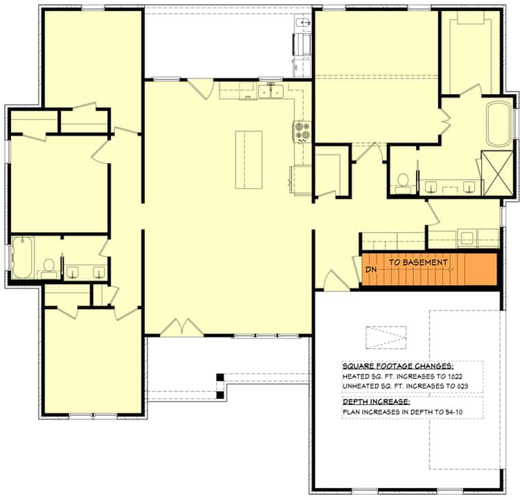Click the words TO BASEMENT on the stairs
(x=418, y=262)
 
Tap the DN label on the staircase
(x=371, y=269)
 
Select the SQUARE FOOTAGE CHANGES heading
(x=398, y=366)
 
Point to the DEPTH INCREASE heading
(x=376, y=402)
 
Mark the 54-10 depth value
(x=454, y=412)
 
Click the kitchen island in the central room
(x=249, y=160)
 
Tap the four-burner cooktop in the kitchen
(x=302, y=130)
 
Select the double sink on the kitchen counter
(x=271, y=92)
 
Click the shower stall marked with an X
(x=497, y=173)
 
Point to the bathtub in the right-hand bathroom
(x=499, y=124)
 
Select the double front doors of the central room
(x=182, y=327)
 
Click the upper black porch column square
(x=220, y=377)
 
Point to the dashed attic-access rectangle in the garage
(x=386, y=338)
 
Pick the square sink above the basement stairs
(x=467, y=238)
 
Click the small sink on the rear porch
(x=302, y=23)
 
